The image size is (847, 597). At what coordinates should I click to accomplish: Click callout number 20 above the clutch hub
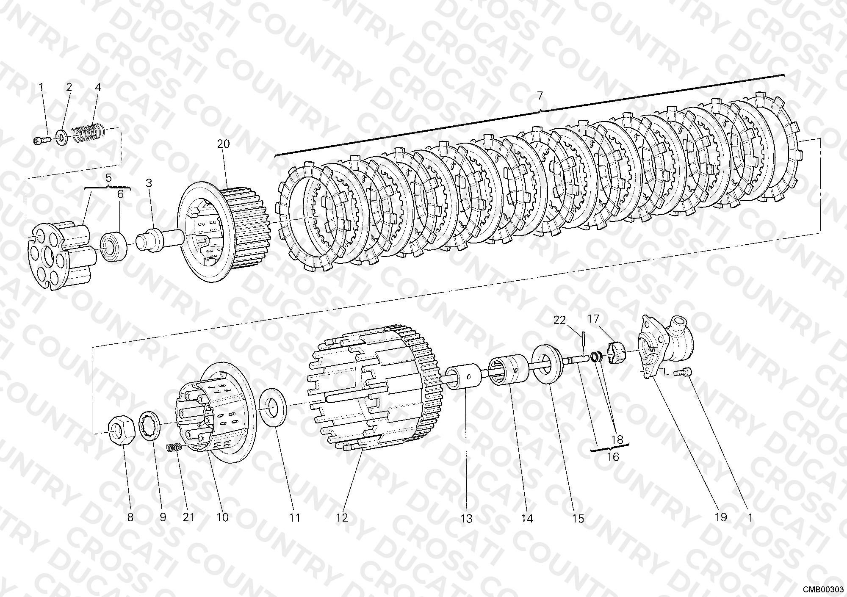click(223, 144)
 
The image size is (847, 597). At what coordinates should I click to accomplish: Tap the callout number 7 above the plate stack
click(540, 96)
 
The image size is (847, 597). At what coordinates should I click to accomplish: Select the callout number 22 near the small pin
click(559, 320)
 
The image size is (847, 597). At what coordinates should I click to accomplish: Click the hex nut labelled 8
click(122, 431)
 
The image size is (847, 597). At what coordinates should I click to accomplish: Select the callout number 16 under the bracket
click(613, 457)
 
